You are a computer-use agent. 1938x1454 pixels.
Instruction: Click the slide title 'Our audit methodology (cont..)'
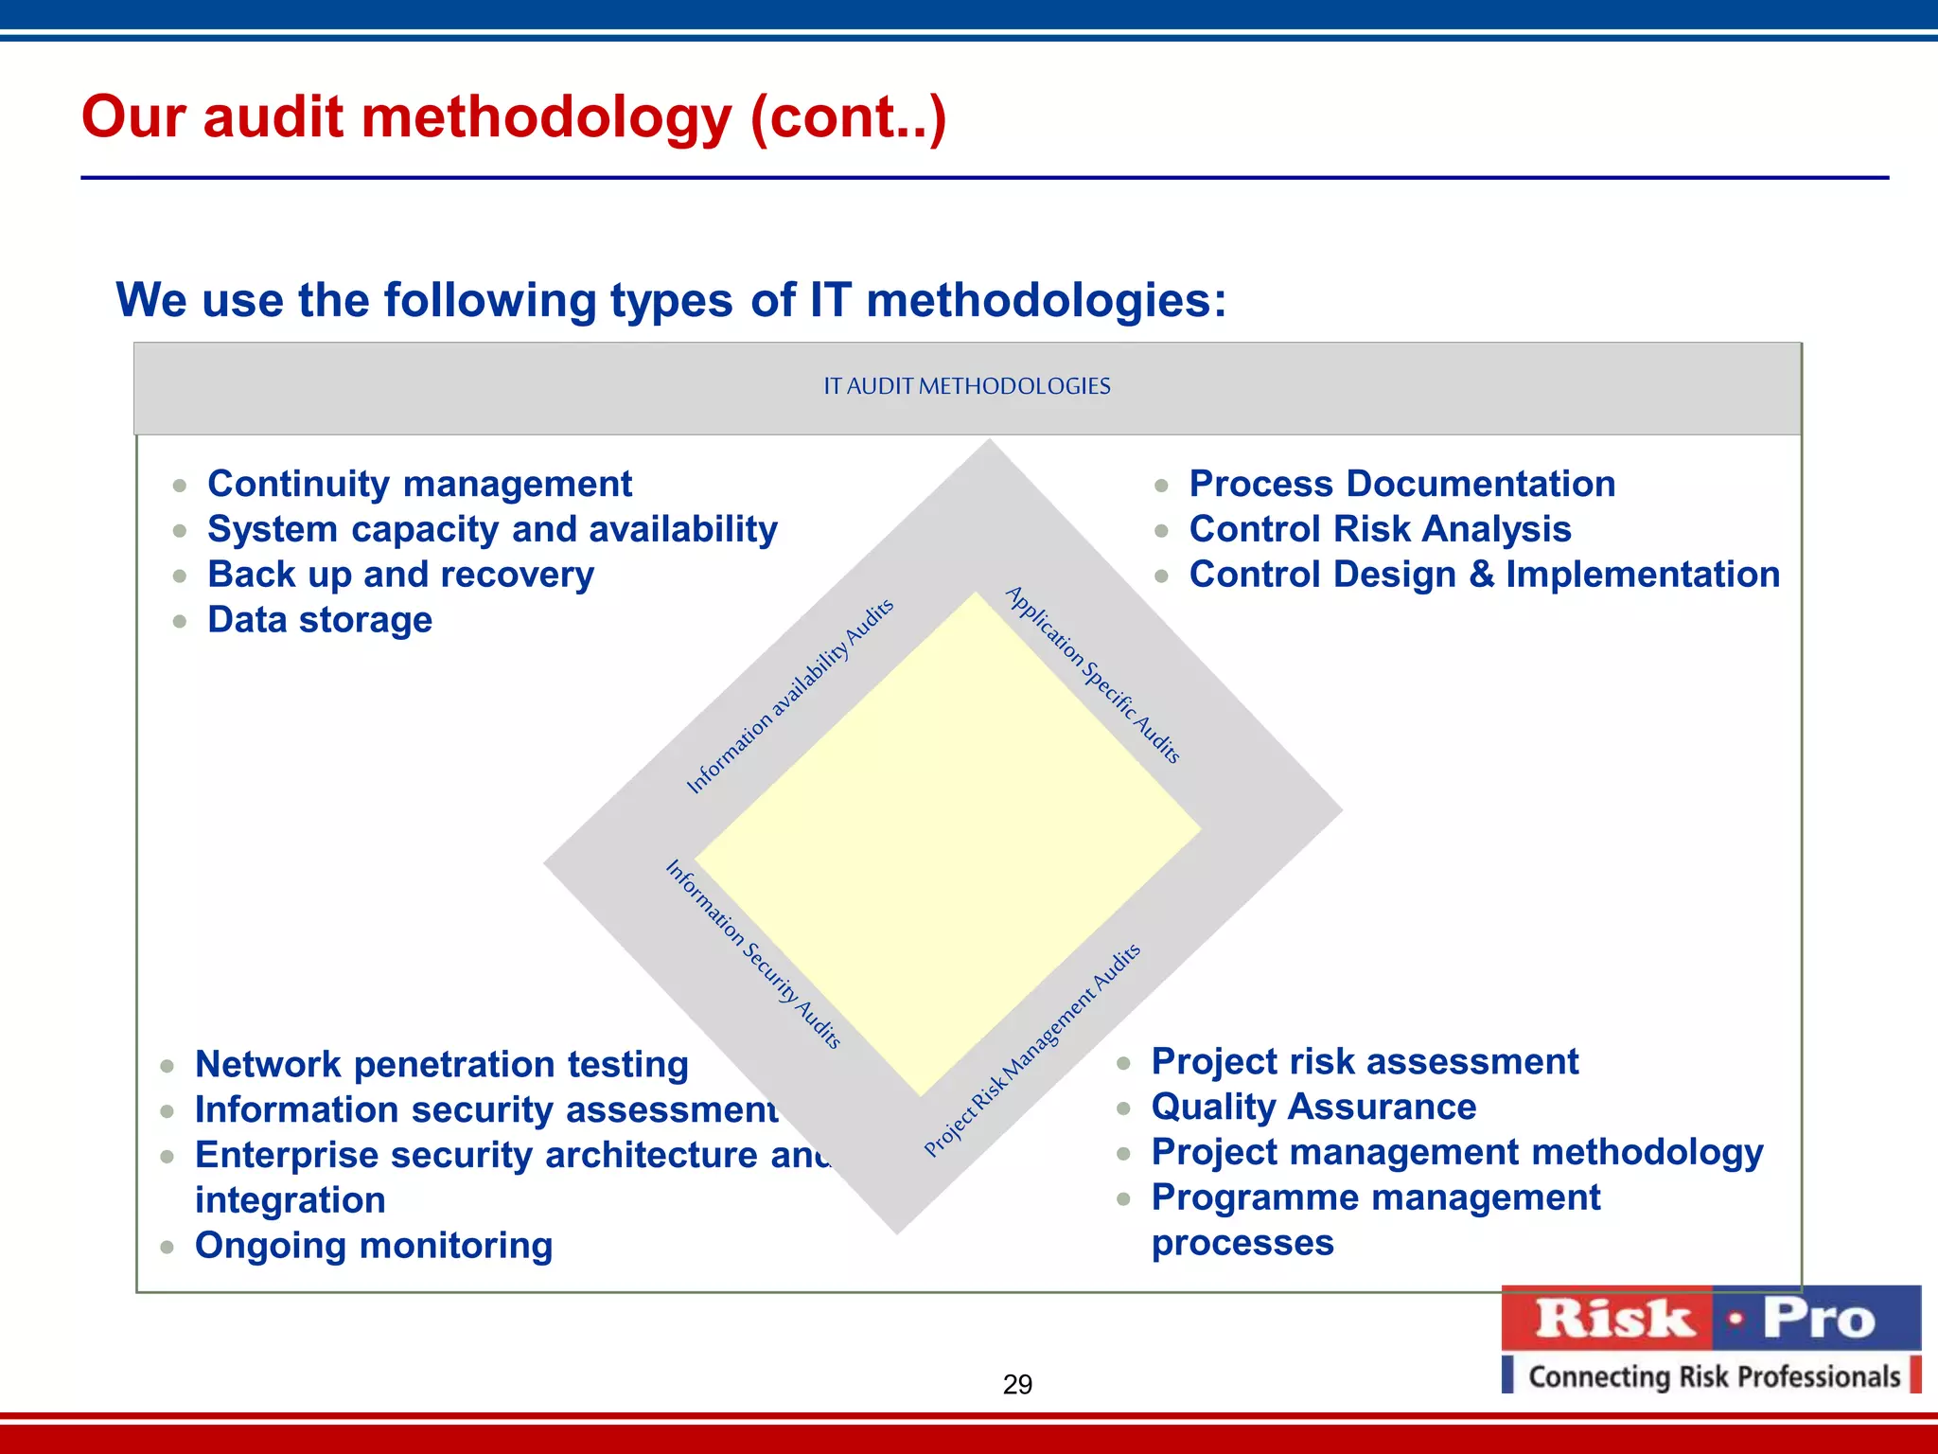[x=514, y=117]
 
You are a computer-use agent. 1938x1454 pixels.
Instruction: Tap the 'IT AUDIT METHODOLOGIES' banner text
[x=966, y=386]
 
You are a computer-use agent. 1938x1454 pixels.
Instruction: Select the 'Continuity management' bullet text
[x=419, y=484]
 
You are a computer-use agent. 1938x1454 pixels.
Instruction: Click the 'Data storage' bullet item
[x=320, y=620]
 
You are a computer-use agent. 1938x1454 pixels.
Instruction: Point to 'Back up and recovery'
[x=400, y=575]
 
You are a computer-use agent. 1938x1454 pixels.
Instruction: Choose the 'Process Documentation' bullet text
[x=1401, y=484]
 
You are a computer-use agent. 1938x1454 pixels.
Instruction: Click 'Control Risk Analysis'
[x=1380, y=529]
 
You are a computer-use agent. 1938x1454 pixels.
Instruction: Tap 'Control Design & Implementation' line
[x=1484, y=575]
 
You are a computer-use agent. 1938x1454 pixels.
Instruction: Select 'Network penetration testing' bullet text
[x=441, y=1064]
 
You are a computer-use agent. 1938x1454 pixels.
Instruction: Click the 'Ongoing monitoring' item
[x=374, y=1246]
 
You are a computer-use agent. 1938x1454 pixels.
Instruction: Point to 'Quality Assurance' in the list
[x=1313, y=1107]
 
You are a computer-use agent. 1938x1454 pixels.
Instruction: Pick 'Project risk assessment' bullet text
[x=1365, y=1061]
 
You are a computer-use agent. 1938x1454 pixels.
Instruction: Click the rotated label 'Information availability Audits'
[x=790, y=696]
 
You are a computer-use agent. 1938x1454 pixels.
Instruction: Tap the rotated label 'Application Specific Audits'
[x=1093, y=674]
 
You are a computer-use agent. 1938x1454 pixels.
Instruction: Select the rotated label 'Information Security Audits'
[x=753, y=953]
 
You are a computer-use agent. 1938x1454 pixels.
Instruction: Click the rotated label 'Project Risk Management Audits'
[x=1032, y=1050]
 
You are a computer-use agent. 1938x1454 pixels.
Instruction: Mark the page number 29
[x=1017, y=1385]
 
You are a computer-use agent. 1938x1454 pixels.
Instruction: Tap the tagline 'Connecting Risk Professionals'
[x=1714, y=1376]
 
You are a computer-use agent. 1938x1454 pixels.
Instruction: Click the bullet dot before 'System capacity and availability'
[x=180, y=531]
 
